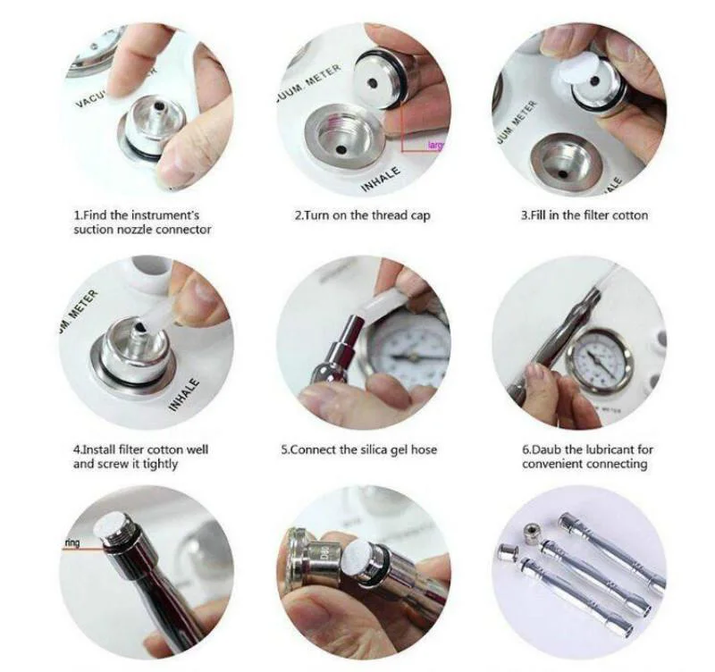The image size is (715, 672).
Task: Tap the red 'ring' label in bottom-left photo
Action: [x=72, y=542]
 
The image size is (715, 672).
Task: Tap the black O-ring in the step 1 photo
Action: [x=143, y=150]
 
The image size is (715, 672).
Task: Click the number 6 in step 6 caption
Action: [x=526, y=449]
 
